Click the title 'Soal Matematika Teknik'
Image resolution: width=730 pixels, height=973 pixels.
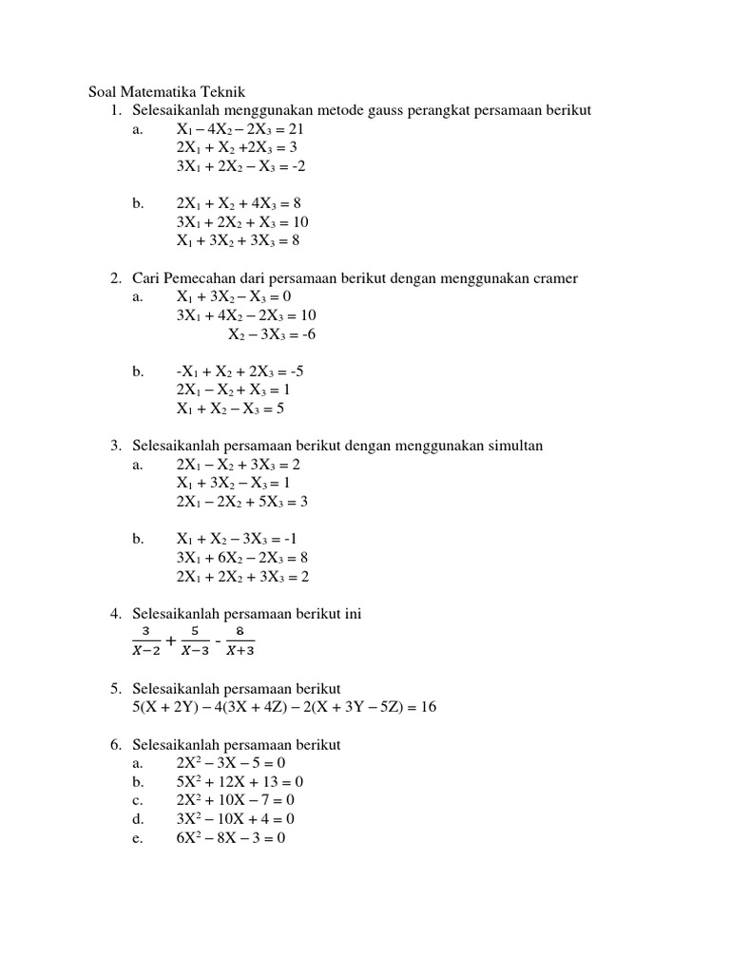(x=166, y=92)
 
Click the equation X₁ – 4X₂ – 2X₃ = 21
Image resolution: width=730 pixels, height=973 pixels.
(x=240, y=129)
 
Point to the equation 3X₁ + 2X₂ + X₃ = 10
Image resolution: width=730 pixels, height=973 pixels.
(x=242, y=222)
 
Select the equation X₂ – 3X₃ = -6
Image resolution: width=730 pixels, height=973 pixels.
(x=271, y=334)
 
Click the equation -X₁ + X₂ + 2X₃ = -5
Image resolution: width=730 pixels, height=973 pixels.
(x=240, y=372)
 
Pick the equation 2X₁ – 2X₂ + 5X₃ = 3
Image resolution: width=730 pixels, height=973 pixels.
(x=242, y=502)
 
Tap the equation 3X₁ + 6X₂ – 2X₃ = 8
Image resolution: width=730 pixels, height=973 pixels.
(x=242, y=558)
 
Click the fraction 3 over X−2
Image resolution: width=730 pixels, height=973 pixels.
(x=145, y=641)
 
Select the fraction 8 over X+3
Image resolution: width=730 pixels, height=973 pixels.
(x=240, y=641)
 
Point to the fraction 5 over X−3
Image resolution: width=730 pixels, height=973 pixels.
(x=195, y=641)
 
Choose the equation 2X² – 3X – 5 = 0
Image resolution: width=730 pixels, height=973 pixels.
(x=231, y=763)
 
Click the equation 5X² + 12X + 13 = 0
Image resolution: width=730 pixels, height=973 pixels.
(x=240, y=782)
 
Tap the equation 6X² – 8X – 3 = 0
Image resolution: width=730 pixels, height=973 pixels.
(x=231, y=838)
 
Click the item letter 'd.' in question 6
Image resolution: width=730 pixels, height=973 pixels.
(x=139, y=819)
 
